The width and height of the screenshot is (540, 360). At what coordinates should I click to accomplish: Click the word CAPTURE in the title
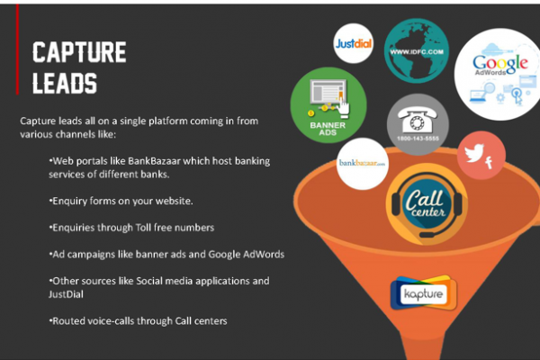(79, 52)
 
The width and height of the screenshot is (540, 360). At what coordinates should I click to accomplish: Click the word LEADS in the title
(65, 83)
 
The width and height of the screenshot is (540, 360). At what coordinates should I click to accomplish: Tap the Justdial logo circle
(354, 43)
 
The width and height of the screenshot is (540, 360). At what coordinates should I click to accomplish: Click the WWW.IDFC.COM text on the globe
(417, 52)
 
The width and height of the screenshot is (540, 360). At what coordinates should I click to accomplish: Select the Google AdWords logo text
(500, 65)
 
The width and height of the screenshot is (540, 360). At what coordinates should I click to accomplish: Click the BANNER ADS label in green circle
(328, 129)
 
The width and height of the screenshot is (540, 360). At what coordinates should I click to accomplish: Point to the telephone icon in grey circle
(418, 119)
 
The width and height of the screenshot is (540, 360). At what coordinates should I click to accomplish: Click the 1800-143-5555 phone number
(418, 139)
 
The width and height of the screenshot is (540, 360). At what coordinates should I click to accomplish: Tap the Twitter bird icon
(474, 153)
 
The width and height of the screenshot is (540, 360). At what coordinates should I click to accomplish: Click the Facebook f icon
(489, 163)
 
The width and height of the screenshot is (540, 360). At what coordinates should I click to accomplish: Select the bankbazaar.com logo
(363, 163)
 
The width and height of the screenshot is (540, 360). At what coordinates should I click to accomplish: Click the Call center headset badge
(427, 204)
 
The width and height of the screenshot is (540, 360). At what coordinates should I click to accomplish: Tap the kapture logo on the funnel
(424, 293)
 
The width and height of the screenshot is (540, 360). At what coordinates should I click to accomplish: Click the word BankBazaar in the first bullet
(154, 161)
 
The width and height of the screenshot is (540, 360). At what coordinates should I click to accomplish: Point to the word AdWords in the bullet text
(264, 254)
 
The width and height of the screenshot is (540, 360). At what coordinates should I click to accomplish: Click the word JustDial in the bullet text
(66, 294)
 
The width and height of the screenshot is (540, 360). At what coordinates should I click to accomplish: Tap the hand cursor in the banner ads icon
(343, 106)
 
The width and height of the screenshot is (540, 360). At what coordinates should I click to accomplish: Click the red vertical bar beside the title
(17, 49)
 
